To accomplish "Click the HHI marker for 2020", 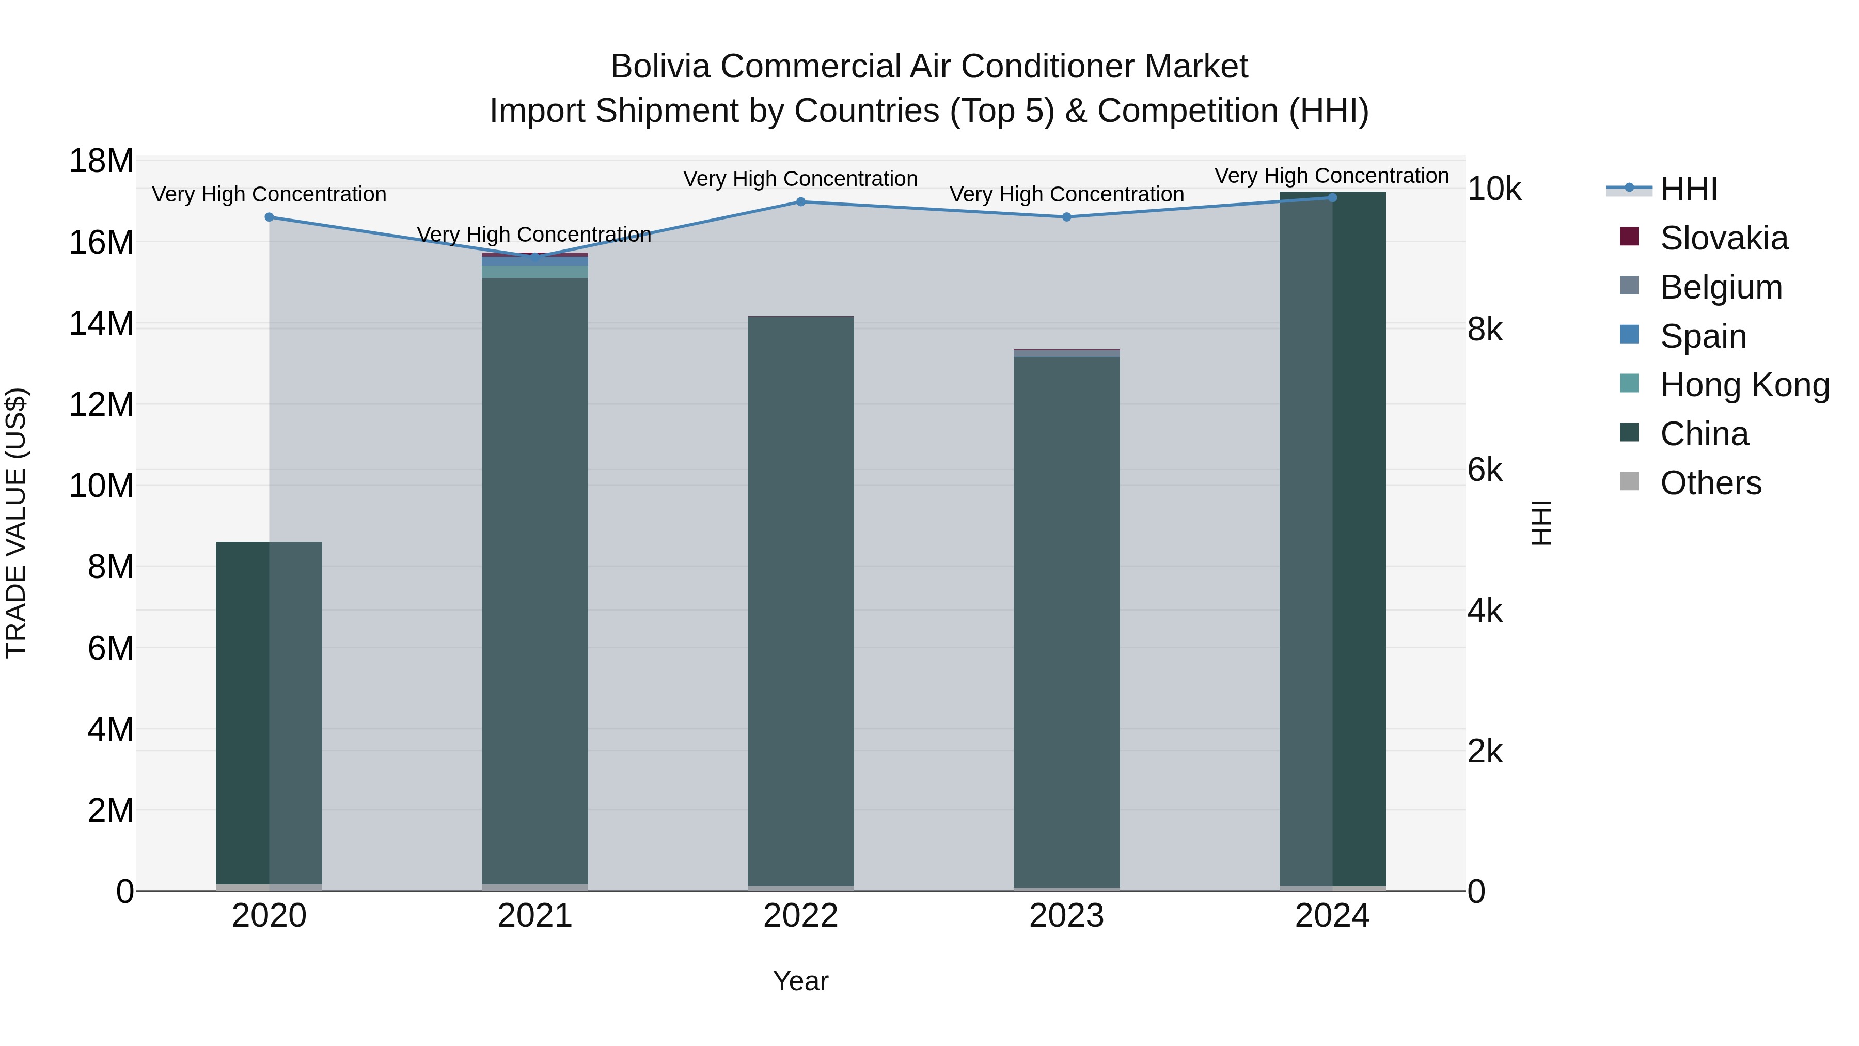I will pyautogui.click(x=269, y=217).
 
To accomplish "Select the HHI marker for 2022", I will pyautogui.click(x=800, y=202).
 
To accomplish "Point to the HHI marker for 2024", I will pyautogui.click(x=1332, y=198).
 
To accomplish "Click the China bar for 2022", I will pyautogui.click(x=800, y=599).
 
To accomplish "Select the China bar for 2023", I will pyautogui.click(x=1067, y=621).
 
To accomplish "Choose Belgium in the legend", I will pyautogui.click(x=1721, y=287).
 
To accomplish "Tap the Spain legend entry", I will pyautogui.click(x=1703, y=336).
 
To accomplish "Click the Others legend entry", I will pyautogui.click(x=1710, y=483).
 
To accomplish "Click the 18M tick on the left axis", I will pyautogui.click(x=101, y=161).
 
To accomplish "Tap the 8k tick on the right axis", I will pyautogui.click(x=1485, y=330).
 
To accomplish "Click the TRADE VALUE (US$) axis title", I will pyautogui.click(x=16, y=523).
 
